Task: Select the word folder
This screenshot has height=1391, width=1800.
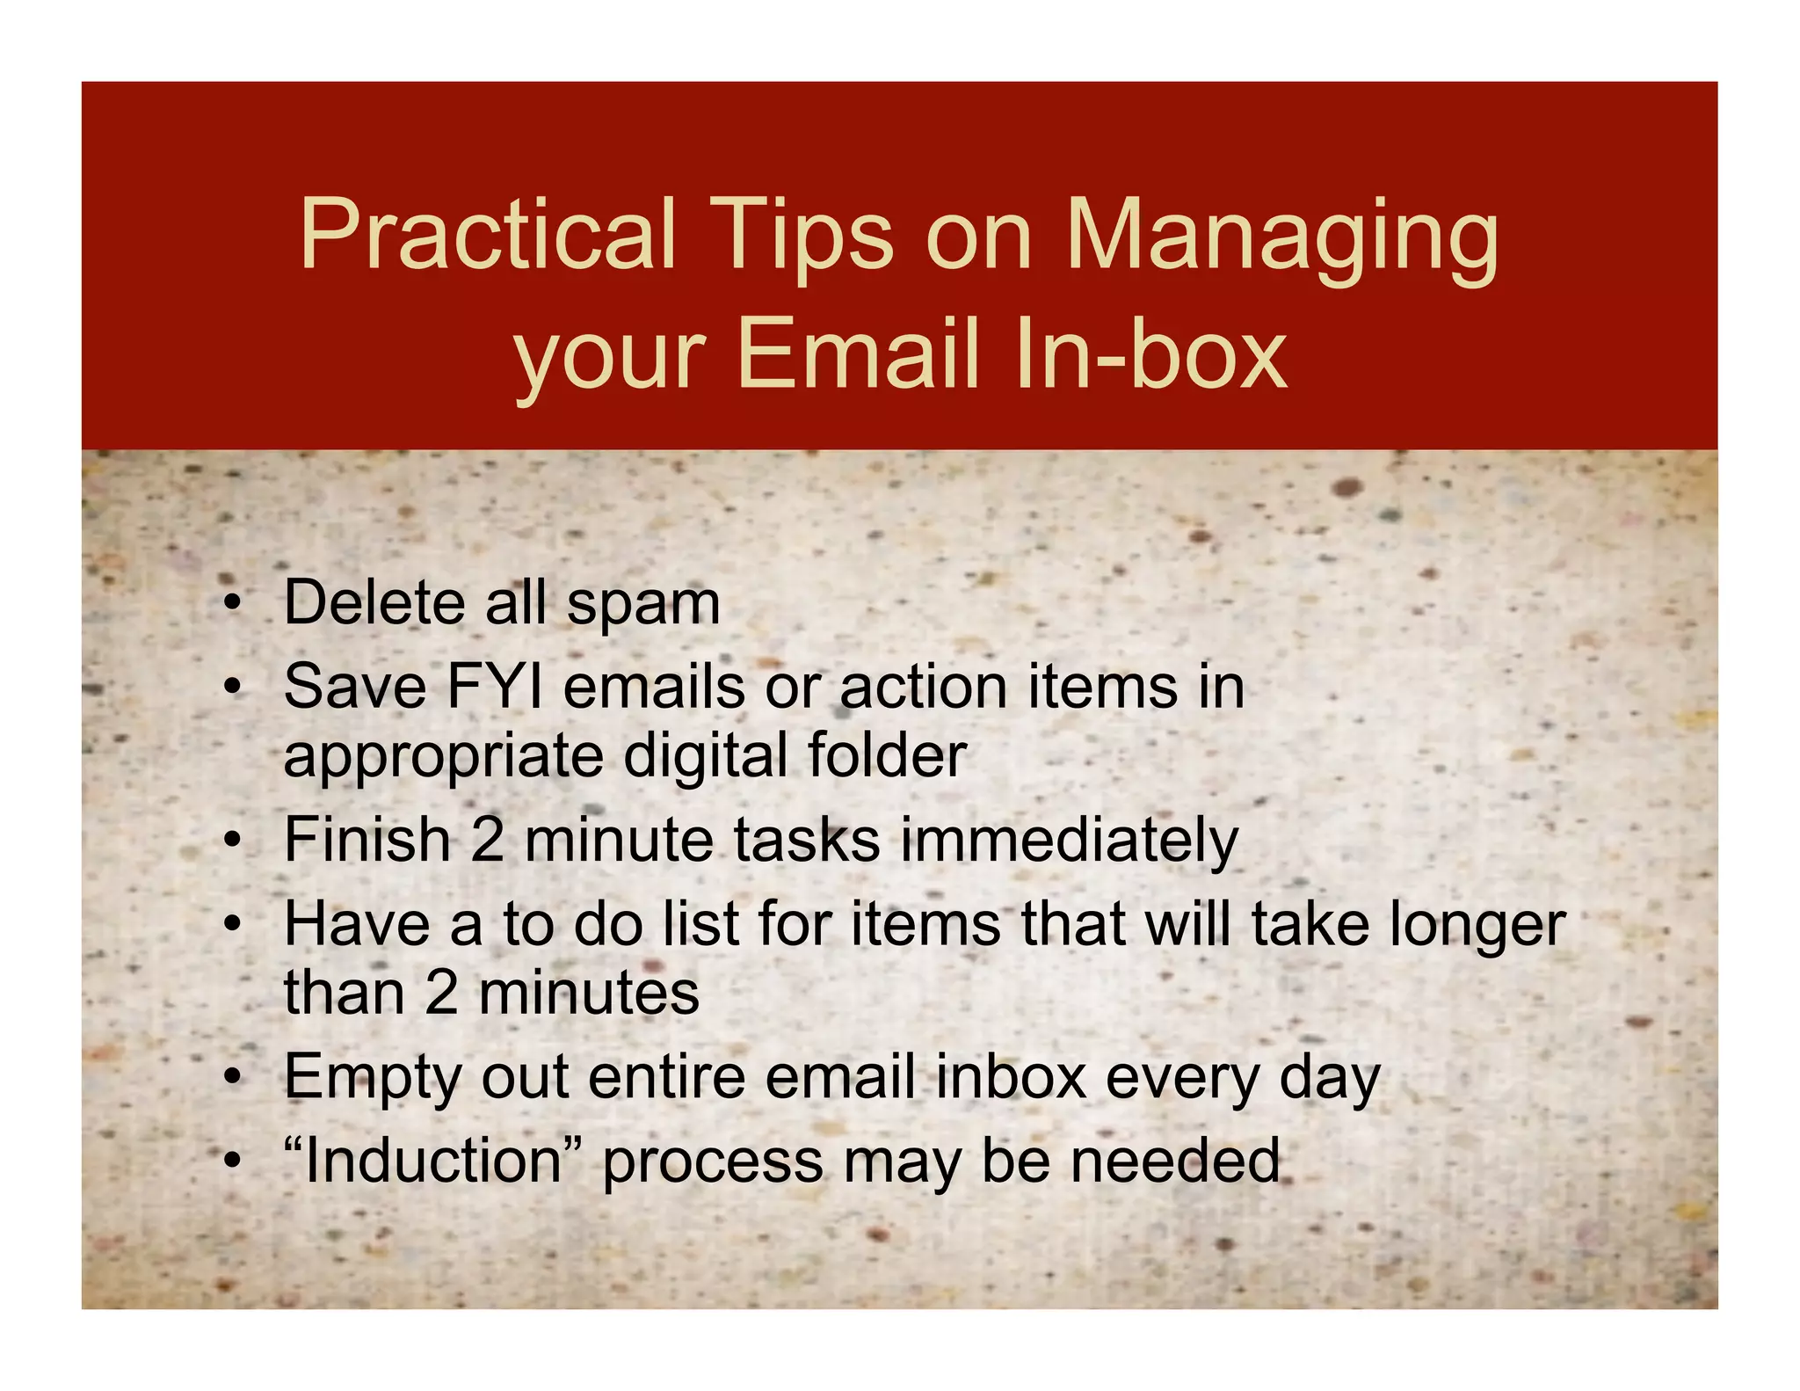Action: (887, 755)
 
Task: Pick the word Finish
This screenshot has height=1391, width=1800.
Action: (367, 840)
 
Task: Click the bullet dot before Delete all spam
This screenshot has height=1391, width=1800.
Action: (231, 604)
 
